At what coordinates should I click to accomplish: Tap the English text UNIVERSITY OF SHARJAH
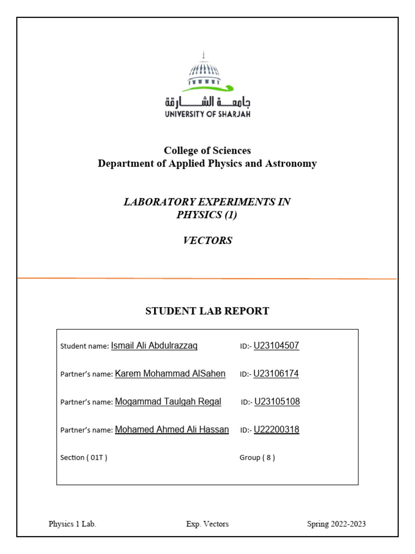(x=207, y=114)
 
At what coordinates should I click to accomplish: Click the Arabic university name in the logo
(x=207, y=102)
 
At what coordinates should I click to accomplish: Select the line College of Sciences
(x=207, y=150)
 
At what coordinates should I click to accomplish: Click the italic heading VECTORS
(x=207, y=241)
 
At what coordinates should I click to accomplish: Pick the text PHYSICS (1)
(x=207, y=215)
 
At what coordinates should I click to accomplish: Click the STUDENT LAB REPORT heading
(x=207, y=311)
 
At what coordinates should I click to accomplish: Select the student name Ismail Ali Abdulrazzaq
(x=154, y=346)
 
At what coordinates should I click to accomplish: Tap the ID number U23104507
(x=276, y=346)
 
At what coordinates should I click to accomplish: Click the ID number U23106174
(x=276, y=374)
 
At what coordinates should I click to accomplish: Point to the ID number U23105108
(x=277, y=402)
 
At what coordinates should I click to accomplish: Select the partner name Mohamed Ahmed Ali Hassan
(x=172, y=430)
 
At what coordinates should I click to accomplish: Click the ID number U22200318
(x=276, y=430)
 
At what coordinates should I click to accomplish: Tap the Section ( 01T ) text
(x=84, y=458)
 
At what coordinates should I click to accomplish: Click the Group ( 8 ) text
(x=257, y=458)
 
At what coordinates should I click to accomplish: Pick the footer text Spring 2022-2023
(x=336, y=524)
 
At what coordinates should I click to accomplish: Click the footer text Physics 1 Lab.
(x=72, y=524)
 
